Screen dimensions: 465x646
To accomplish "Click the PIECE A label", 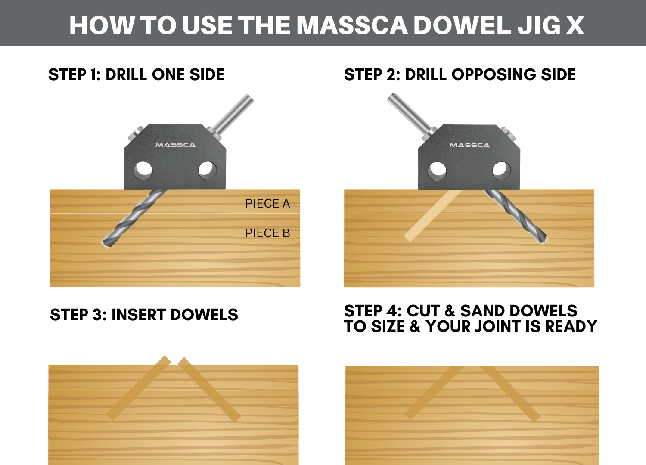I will tap(267, 203).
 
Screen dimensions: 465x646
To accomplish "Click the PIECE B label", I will tap(267, 233).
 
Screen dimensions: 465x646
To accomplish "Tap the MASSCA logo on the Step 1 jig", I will tap(175, 145).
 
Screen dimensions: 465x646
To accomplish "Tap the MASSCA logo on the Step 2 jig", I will tap(469, 145).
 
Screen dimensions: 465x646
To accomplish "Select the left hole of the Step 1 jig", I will tap(143, 170).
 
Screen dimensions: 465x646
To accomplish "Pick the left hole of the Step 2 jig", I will tap(437, 170).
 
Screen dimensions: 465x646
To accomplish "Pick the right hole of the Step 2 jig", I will tap(502, 170).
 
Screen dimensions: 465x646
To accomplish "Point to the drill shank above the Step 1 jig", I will tap(235, 113).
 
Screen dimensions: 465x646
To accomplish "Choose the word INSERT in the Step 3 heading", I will tap(138, 315).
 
